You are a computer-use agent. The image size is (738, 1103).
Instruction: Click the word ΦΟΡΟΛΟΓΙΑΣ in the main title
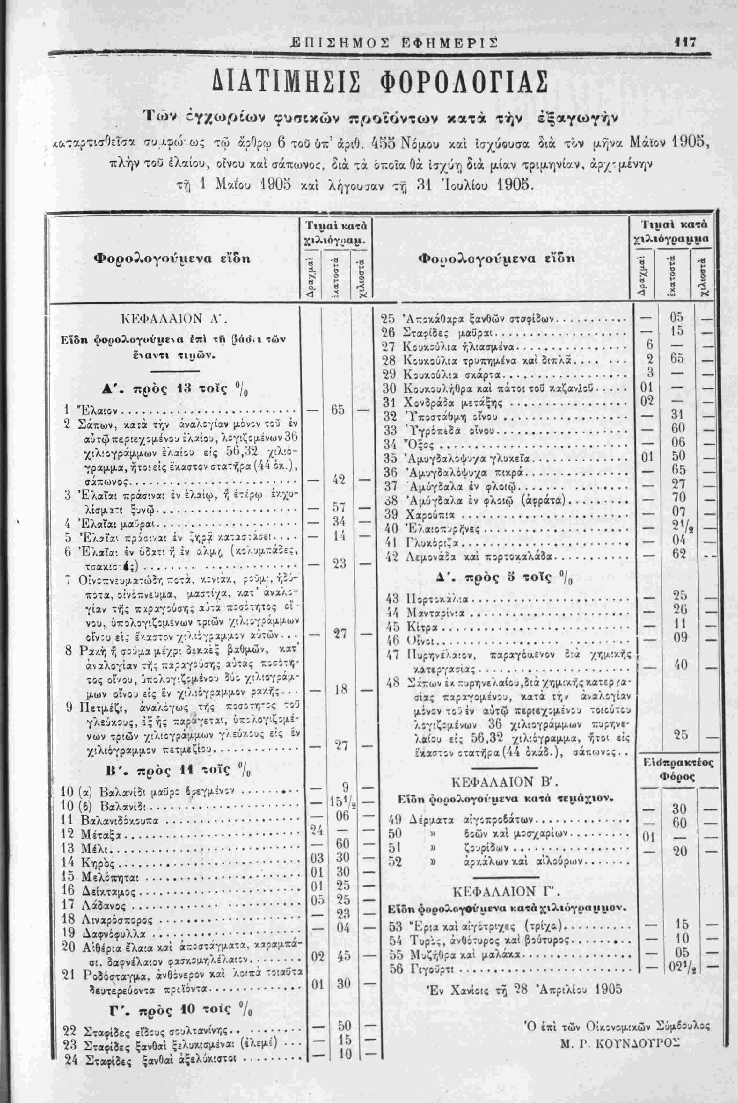[451, 84]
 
